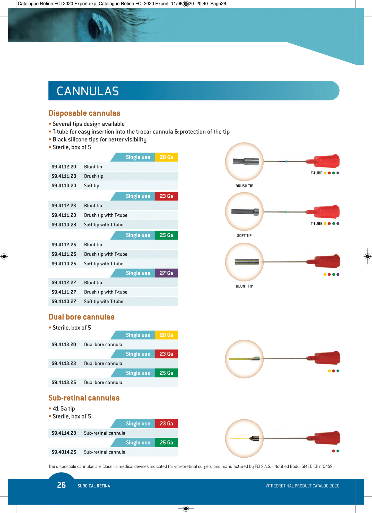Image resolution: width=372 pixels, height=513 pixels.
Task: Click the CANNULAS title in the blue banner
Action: click(88, 91)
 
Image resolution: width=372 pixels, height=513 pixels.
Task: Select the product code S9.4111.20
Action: click(64, 176)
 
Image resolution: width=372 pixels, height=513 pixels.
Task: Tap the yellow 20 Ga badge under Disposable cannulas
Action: click(166, 157)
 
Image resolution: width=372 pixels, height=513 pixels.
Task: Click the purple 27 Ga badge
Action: click(166, 273)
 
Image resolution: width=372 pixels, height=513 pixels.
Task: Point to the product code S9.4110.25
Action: click(64, 264)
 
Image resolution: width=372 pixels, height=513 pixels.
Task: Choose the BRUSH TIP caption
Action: click(244, 186)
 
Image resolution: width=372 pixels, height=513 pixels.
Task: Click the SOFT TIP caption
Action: click(244, 236)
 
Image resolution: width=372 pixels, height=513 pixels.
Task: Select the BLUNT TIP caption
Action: click(244, 286)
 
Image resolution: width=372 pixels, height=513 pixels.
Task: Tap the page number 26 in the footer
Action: click(61, 485)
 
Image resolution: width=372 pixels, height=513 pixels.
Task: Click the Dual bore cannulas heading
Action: click(81, 317)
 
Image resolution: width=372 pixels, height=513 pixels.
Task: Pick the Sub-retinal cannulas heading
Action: click(84, 398)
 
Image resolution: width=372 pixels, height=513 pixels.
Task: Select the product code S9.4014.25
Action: click(64, 452)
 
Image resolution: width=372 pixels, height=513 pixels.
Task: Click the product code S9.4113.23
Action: click(64, 363)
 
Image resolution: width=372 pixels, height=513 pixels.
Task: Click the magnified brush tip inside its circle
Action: click(246, 162)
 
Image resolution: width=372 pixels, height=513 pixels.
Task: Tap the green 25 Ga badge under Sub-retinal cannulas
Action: click(166, 442)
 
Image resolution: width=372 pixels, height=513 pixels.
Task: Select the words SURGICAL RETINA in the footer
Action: click(94, 486)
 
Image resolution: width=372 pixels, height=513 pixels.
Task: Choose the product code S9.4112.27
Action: click(64, 283)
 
